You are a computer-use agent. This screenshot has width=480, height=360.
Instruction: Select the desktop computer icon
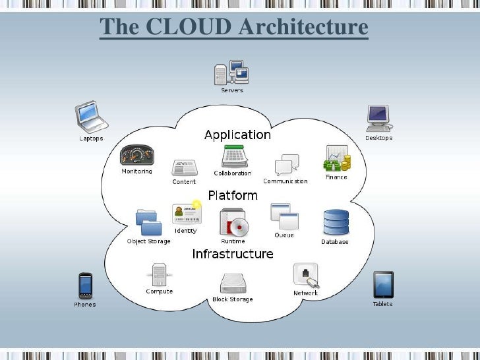point(378,117)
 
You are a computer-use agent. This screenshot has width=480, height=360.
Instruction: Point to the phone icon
point(84,285)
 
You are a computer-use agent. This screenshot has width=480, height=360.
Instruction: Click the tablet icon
point(383,285)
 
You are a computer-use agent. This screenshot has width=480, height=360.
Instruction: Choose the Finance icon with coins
point(336,159)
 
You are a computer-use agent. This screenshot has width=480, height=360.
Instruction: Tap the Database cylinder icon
point(335,222)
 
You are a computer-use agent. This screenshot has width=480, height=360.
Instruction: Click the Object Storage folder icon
point(148,222)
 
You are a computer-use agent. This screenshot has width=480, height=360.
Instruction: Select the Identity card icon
point(186,213)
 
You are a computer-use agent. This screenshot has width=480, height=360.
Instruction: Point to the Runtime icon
point(233,222)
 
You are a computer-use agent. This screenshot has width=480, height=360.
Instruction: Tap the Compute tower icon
point(159,274)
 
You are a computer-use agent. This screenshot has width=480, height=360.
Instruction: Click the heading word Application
point(237,135)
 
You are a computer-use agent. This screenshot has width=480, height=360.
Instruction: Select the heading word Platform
point(233,195)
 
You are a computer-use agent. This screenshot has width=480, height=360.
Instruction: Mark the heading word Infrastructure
point(232,254)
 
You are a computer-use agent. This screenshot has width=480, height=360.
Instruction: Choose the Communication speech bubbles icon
point(286,165)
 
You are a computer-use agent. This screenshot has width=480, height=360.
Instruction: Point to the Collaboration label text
point(232,173)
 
